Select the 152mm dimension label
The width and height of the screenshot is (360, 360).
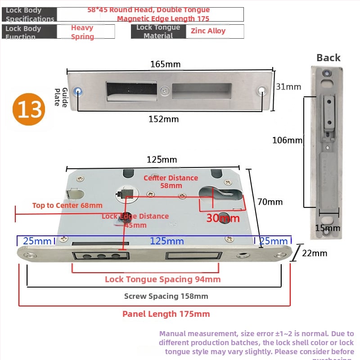163,119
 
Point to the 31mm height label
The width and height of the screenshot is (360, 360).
288,87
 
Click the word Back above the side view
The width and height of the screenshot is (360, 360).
328,58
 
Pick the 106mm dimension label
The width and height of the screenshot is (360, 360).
287,140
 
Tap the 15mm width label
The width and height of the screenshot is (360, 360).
327,228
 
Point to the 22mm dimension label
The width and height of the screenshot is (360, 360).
314,253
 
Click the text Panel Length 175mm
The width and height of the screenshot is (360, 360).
166,314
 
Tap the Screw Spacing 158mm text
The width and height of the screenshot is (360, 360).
166,296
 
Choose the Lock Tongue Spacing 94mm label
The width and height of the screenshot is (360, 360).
162,279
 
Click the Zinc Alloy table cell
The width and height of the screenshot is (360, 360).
208,31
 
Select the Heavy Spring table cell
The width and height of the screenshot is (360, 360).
82,32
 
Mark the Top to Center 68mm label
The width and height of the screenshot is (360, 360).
67,206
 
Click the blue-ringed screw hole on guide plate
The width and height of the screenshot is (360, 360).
79,90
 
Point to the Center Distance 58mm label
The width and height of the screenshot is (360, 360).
171,181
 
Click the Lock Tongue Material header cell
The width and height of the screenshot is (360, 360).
158,31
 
